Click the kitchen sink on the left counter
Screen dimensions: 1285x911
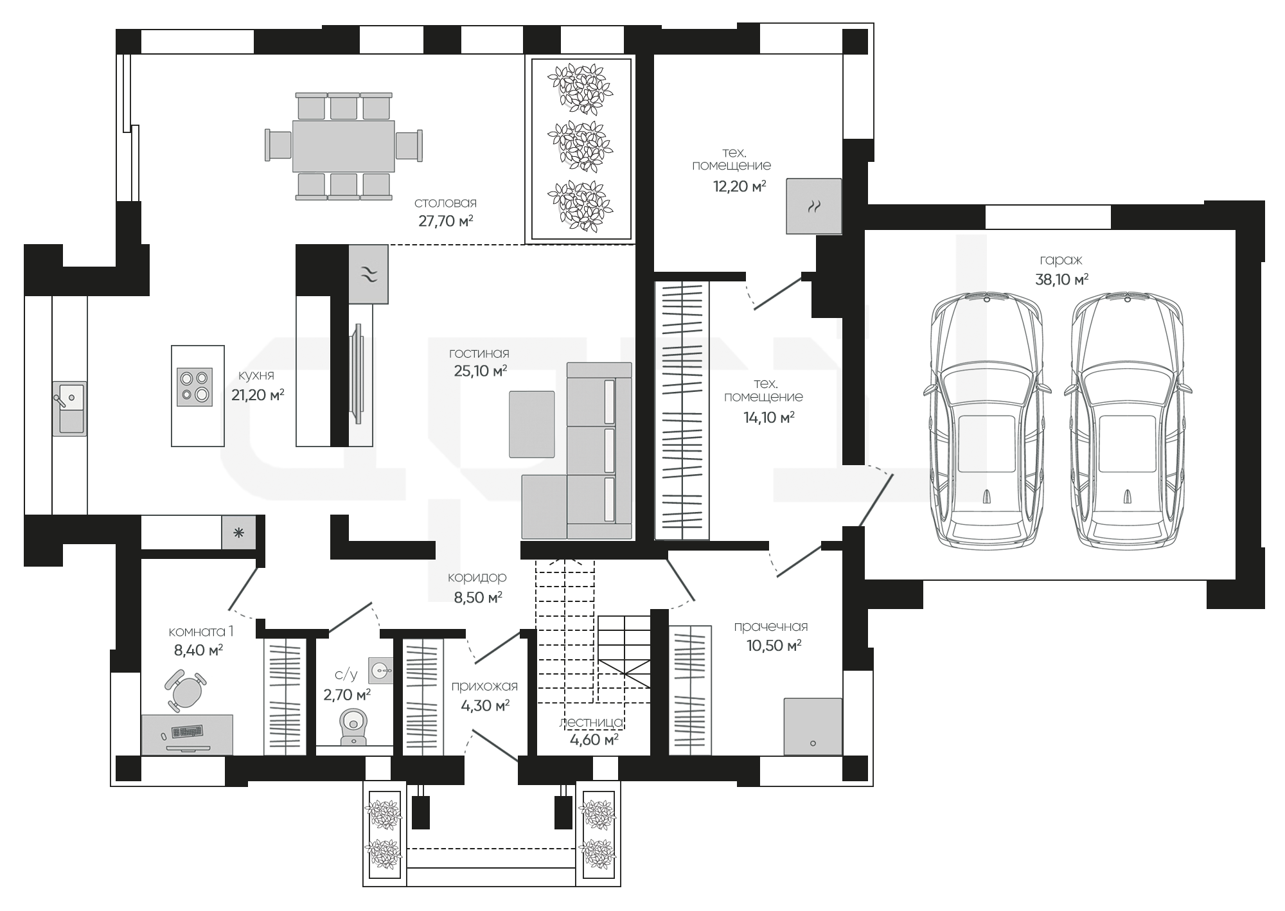(69, 409)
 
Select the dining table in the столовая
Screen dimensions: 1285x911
(343, 146)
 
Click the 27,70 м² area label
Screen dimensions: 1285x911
(446, 222)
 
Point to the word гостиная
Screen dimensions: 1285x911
(479, 353)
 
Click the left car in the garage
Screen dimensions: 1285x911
(986, 420)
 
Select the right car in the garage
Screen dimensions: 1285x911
(1127, 420)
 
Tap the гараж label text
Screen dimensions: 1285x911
(1061, 260)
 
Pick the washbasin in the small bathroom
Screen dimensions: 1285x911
(382, 670)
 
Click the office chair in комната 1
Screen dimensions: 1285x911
(186, 690)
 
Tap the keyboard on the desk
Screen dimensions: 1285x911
(187, 732)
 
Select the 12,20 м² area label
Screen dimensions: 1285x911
(740, 187)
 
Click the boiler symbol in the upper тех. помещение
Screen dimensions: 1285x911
(814, 206)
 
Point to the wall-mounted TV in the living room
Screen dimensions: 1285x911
(357, 374)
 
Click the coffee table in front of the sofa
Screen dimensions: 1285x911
(531, 424)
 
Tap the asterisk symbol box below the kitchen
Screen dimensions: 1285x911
(238, 533)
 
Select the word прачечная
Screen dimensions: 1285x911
(771, 626)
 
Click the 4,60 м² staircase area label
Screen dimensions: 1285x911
(594, 739)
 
